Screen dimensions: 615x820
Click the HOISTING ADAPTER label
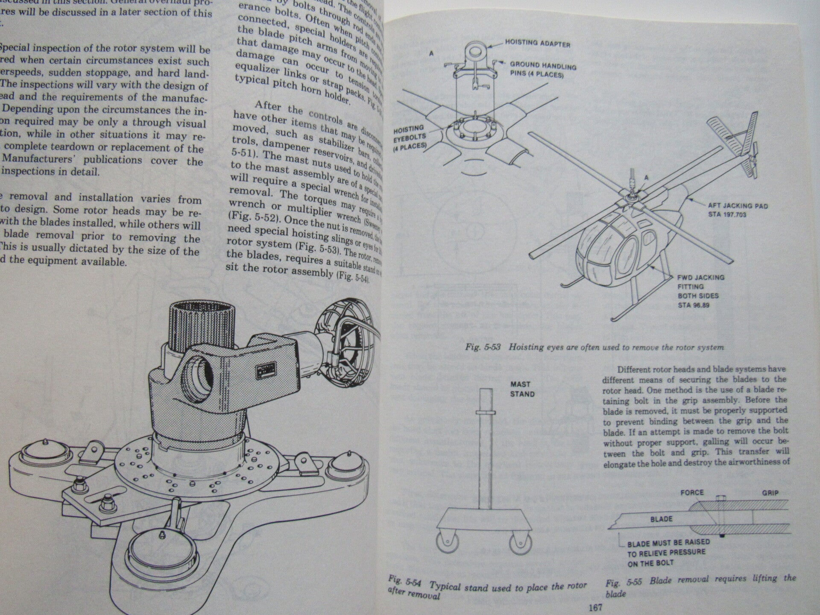[x=537, y=43]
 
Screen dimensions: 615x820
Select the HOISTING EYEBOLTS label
[x=409, y=136]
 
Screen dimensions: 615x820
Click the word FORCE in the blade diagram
[x=692, y=492]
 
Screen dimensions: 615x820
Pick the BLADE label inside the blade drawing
[x=662, y=519]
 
